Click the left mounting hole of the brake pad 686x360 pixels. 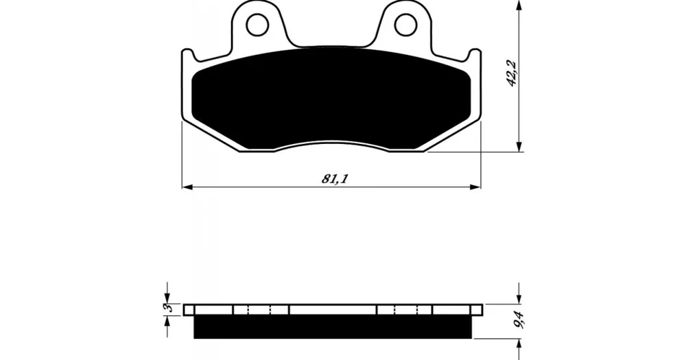(x=257, y=25)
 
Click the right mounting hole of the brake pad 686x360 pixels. (x=405, y=25)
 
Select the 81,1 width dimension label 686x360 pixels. (x=335, y=178)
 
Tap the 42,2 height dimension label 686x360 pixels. (x=512, y=73)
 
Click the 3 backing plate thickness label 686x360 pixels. (x=168, y=308)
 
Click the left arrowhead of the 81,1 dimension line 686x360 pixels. (x=187, y=187)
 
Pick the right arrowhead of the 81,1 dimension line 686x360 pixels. (x=475, y=187)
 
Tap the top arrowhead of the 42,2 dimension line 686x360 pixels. (x=519, y=5)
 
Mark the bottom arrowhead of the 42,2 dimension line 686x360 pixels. (x=519, y=147)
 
